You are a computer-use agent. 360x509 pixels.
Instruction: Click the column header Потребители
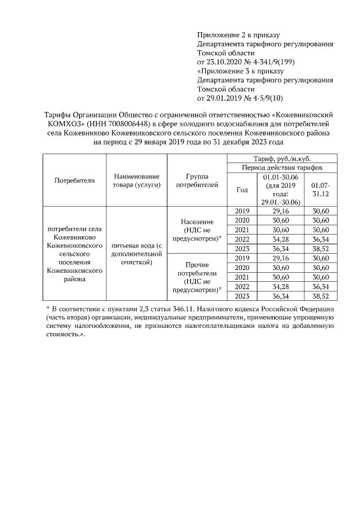(x=75, y=180)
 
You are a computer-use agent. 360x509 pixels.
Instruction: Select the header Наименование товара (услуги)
(x=137, y=180)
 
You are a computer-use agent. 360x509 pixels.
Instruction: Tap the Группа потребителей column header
(x=197, y=180)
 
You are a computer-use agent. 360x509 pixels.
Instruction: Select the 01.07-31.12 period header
(x=321, y=190)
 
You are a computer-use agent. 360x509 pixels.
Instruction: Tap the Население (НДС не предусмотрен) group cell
(x=197, y=230)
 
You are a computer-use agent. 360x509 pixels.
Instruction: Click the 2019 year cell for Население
(x=241, y=210)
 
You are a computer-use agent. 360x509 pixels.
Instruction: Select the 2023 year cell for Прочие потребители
(x=241, y=296)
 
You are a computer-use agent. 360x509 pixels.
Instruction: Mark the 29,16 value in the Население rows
(x=280, y=210)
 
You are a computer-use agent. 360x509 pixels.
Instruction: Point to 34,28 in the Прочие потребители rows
(x=280, y=287)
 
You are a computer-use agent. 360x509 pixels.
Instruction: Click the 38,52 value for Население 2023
(x=321, y=249)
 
